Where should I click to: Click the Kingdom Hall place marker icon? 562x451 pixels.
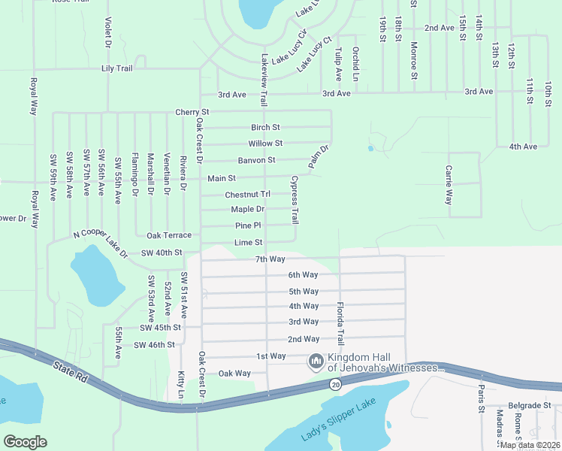point(316,362)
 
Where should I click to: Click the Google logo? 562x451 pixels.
point(25,442)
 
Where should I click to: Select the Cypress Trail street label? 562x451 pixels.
point(295,201)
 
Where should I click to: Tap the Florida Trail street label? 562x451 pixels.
point(340,324)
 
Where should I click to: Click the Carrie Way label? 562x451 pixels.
point(449,186)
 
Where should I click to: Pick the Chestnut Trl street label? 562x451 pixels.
point(247,195)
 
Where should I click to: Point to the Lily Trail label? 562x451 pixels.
point(116,68)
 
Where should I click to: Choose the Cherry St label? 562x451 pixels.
point(192,112)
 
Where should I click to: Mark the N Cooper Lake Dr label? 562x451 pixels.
point(100,244)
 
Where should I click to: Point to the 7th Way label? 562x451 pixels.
point(270,259)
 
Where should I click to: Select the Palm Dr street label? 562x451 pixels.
point(319,156)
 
